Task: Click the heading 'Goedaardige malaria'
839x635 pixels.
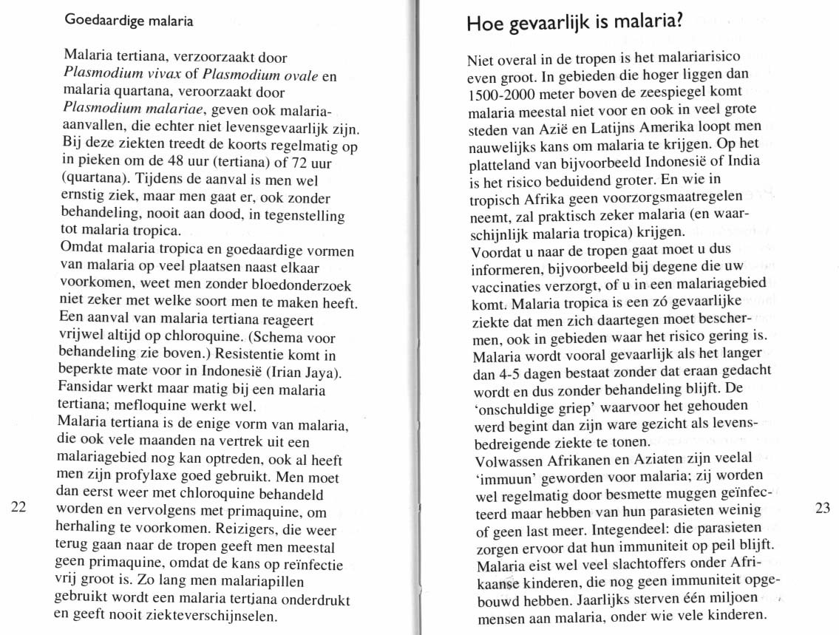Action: coord(129,21)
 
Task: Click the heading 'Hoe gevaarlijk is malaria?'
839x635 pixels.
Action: coord(573,24)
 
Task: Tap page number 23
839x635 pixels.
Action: coord(823,508)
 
